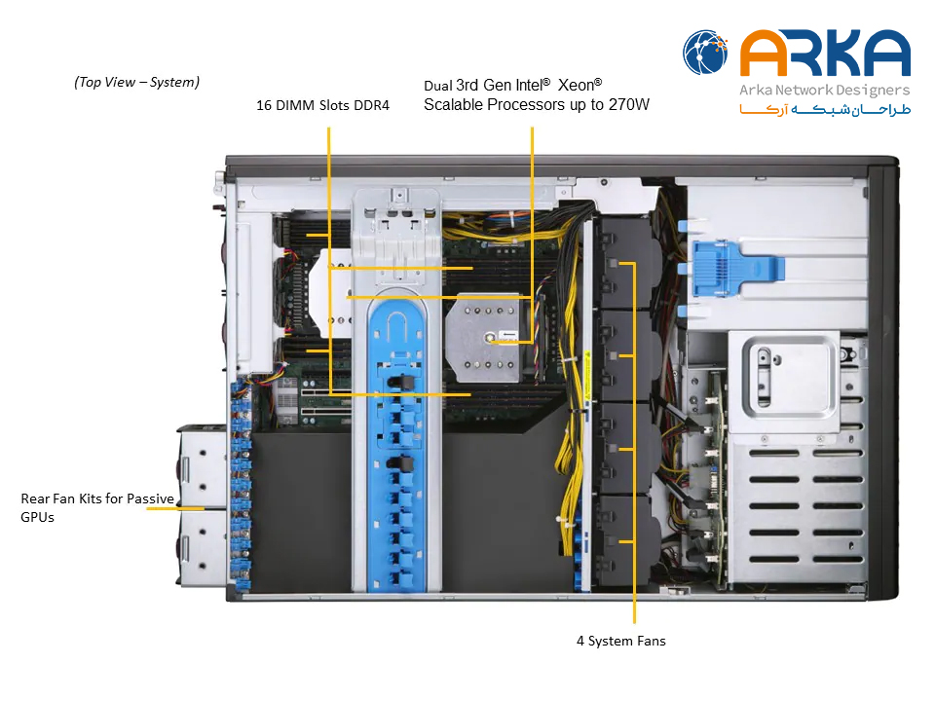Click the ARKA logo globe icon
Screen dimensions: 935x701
point(705,53)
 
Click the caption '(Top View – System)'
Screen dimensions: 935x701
point(136,82)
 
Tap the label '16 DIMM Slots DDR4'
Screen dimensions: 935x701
point(322,105)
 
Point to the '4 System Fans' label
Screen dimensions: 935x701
point(620,641)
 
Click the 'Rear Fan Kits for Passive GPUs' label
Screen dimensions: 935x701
point(97,507)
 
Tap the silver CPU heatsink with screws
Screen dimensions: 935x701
point(484,338)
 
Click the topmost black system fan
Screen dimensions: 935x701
point(626,262)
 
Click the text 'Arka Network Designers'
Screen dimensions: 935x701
point(825,91)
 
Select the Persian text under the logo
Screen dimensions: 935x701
point(825,110)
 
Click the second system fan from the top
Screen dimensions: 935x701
point(626,355)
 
